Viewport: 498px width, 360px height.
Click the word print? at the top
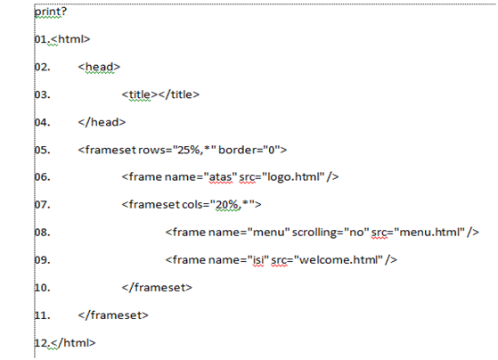[51, 12]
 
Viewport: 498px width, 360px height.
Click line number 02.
[42, 67]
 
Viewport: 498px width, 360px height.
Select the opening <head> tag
[99, 67]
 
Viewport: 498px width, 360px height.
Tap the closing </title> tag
[178, 94]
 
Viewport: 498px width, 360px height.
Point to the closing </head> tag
[102, 122]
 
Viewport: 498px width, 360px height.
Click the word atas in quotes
[220, 177]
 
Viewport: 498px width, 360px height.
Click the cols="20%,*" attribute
[218, 205]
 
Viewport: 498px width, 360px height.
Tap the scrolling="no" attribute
[331, 233]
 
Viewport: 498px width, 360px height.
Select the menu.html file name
[429, 233]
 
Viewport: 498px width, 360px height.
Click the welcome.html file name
[339, 260]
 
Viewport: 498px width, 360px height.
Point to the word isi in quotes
[258, 260]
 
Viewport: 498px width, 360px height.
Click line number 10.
[42, 288]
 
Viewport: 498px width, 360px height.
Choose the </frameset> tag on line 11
[113, 315]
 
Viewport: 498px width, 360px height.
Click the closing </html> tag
[73, 343]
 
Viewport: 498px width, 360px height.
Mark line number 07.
[42, 205]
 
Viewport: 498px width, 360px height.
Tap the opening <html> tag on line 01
[70, 39]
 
